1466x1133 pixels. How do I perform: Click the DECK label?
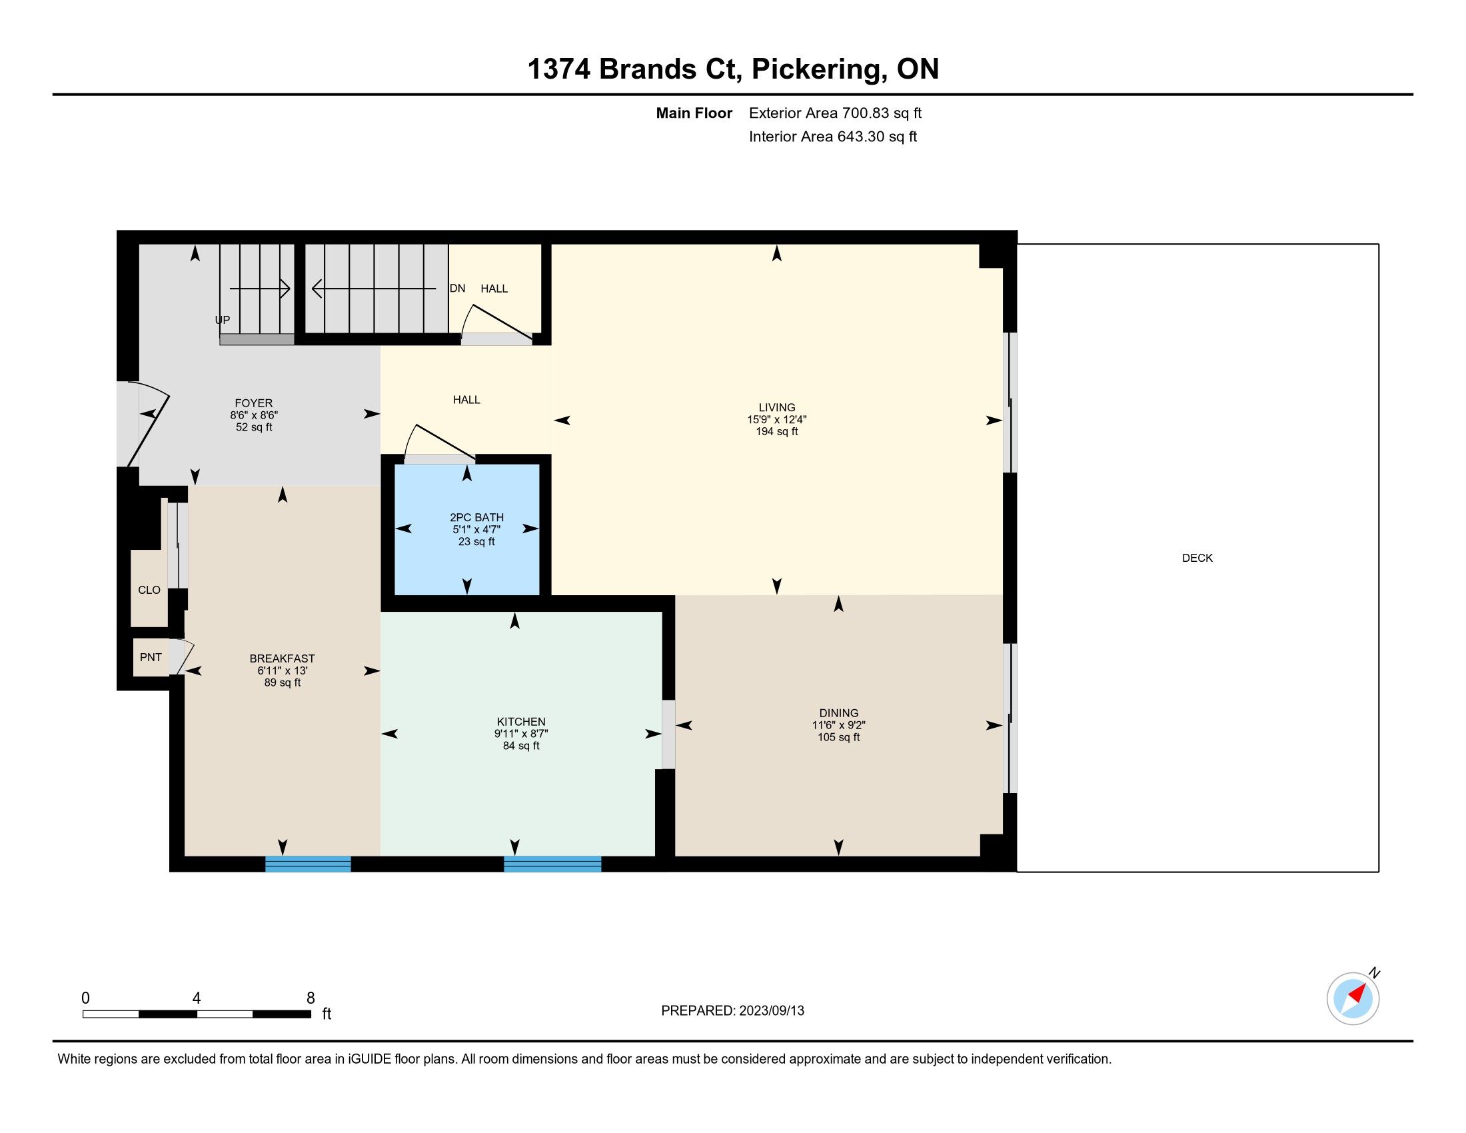coord(1197,558)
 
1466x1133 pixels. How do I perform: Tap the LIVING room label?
coord(776,407)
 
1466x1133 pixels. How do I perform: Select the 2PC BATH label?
coord(476,517)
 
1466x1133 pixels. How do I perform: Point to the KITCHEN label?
coord(521,722)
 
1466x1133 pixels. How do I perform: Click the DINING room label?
coord(838,713)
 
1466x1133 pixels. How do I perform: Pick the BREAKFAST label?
coord(282,658)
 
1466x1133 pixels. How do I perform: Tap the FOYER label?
coord(254,403)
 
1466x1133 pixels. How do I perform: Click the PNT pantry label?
coord(151,657)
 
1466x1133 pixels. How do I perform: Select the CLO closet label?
coord(149,590)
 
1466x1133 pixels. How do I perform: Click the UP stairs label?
coord(222,319)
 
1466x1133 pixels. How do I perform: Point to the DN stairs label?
coord(457,289)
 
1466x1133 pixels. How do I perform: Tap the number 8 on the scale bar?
coord(310,998)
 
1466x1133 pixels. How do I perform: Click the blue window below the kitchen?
coord(552,864)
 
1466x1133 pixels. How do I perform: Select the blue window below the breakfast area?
coord(308,864)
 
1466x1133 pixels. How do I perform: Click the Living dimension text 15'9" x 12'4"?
coord(776,419)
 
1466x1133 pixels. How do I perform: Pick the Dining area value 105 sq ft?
coord(838,737)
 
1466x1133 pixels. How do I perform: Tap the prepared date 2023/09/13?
coord(771,1011)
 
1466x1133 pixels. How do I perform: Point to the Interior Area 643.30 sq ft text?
coord(832,137)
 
